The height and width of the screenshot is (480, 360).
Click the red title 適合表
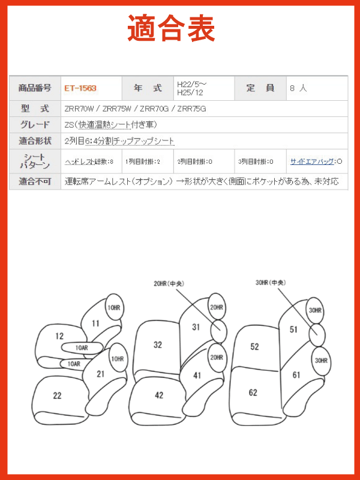pyautogui.click(x=171, y=28)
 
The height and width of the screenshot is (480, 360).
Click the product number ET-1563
pyautogui.click(x=80, y=88)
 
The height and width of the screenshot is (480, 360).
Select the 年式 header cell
pyautogui.click(x=148, y=88)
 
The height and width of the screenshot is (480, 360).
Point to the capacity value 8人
pyautogui.click(x=298, y=88)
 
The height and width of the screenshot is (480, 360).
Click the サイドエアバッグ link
pyautogui.click(x=312, y=161)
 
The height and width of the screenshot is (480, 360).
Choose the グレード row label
pyautogui.click(x=35, y=125)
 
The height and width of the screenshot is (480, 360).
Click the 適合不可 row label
pyautogui.click(x=35, y=181)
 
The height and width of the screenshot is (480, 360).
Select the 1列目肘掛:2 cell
pyautogui.click(x=143, y=161)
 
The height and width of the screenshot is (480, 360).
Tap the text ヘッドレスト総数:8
pyautogui.click(x=89, y=161)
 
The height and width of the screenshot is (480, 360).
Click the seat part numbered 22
pyautogui.click(x=57, y=395)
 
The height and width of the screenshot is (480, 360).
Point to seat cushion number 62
pyautogui.click(x=253, y=392)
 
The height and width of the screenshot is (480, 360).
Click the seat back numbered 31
pyautogui.click(x=196, y=327)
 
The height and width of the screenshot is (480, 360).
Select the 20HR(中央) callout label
pyautogui.click(x=169, y=284)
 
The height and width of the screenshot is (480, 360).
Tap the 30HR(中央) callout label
pyautogui.click(x=271, y=283)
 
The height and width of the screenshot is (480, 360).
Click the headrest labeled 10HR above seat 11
pyautogui.click(x=114, y=308)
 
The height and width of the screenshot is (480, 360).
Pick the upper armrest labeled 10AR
pyautogui.click(x=82, y=348)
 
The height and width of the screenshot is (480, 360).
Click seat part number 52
pyautogui.click(x=254, y=347)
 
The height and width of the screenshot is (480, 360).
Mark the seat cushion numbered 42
pyautogui.click(x=159, y=395)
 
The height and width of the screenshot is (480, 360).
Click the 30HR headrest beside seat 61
pyautogui.click(x=321, y=361)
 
